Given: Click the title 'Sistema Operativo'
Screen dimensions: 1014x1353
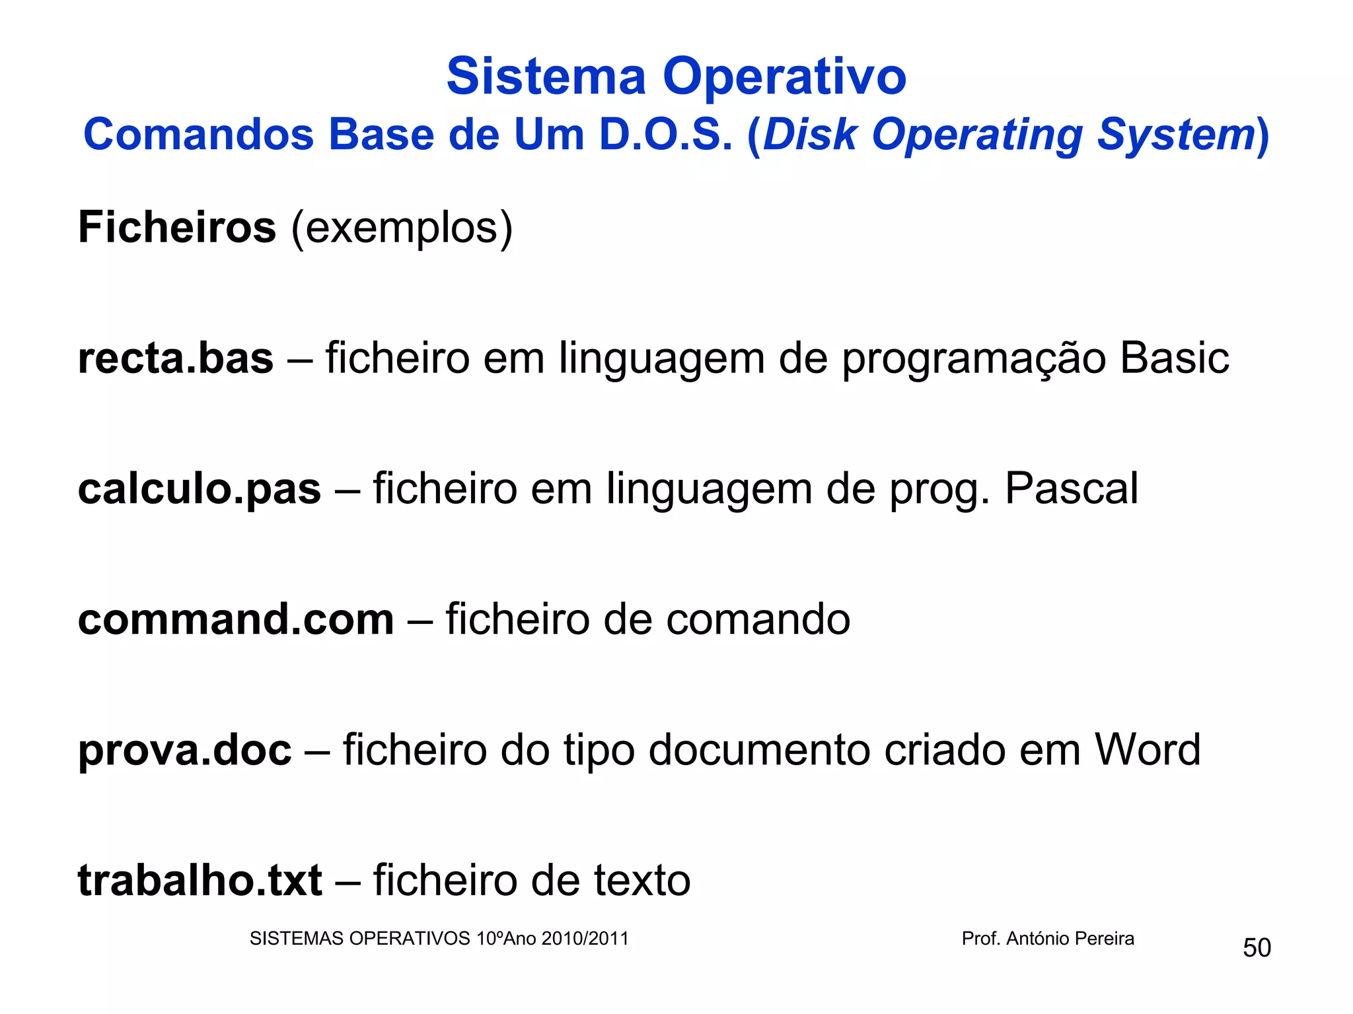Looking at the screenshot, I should click(676, 77).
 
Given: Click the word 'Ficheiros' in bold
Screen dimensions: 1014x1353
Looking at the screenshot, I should click(177, 227).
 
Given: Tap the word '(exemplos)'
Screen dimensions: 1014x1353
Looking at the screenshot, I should click(402, 228).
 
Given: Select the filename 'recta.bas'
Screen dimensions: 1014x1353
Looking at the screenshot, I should click(176, 358).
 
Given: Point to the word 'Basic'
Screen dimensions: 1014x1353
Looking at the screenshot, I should click(1174, 358).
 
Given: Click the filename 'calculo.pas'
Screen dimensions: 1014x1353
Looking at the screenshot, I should click(200, 490).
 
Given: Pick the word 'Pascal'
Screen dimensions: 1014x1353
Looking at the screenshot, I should click(1071, 489).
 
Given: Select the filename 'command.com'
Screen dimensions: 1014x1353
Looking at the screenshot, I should click(236, 620).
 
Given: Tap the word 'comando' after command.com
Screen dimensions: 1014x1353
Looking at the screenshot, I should click(758, 620).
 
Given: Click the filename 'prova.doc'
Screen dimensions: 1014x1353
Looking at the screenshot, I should click(184, 751).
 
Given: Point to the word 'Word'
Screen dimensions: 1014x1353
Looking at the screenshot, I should click(1148, 750).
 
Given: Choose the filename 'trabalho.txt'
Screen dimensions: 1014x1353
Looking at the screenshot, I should click(200, 881).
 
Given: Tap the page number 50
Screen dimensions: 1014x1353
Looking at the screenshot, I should click(1257, 948).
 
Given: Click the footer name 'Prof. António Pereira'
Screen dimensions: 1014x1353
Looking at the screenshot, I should click(1048, 938).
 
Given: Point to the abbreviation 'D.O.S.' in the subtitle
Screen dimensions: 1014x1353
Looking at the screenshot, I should click(666, 135).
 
